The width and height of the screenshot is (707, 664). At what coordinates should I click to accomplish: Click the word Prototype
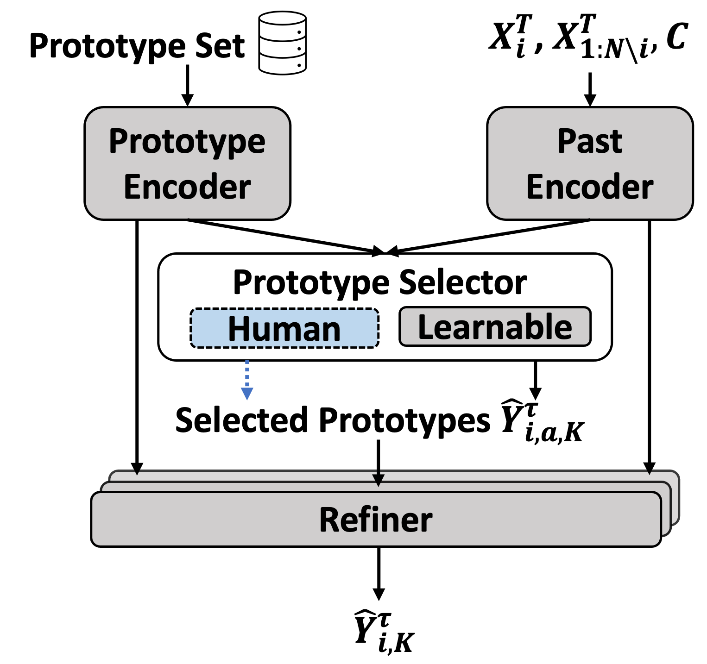pos(187,142)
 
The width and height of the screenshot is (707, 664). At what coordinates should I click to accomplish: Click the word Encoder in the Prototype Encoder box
pos(187,187)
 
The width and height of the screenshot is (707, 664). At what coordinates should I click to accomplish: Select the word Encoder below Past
pos(589,187)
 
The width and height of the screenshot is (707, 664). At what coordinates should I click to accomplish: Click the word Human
pos(284,329)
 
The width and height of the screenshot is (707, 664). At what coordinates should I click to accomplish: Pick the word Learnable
pos(495,327)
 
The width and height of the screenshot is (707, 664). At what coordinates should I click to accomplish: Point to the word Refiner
pos(375,520)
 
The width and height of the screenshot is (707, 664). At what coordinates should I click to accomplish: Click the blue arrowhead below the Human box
pos(247,394)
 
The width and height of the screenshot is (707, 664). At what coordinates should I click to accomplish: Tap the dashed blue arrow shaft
pos(247,373)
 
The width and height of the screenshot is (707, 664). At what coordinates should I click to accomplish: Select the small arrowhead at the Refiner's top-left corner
pos(137,473)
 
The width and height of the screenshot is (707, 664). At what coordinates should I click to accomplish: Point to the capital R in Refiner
pos(328,520)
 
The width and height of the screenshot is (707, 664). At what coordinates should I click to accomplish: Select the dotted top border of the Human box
pos(284,310)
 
